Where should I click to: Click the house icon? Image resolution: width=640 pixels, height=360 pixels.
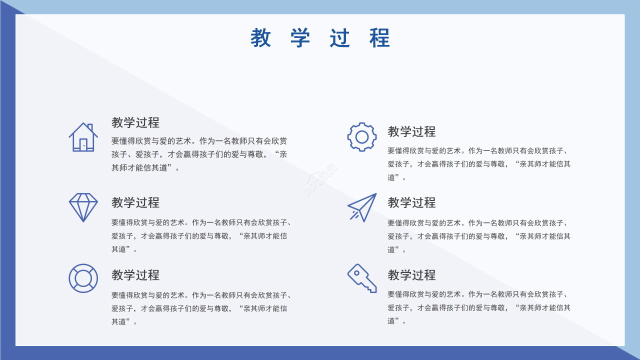click(x=83, y=137)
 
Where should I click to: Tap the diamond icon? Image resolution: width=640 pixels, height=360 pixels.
click(x=83, y=207)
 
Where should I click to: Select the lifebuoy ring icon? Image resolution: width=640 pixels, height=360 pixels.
click(x=83, y=278)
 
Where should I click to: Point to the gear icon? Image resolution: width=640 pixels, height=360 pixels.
click(x=362, y=136)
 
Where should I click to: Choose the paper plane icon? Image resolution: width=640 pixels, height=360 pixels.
click(x=362, y=207)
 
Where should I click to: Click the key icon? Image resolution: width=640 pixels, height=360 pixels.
click(x=362, y=278)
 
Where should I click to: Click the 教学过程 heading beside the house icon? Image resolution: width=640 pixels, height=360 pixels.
click(x=135, y=122)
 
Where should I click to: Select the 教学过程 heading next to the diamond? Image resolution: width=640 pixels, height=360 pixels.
click(x=135, y=202)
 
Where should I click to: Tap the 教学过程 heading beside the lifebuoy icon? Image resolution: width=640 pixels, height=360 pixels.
click(x=135, y=275)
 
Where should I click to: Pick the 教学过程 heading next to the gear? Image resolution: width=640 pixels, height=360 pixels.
click(x=411, y=131)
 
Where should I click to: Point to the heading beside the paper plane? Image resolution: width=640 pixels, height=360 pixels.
click(x=411, y=202)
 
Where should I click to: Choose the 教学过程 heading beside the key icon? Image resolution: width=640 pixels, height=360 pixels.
click(x=411, y=275)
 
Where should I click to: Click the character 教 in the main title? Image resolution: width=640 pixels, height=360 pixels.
click(x=260, y=38)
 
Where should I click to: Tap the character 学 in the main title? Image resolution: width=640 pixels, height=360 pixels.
click(x=300, y=38)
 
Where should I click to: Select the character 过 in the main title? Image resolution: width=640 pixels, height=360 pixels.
click(x=340, y=38)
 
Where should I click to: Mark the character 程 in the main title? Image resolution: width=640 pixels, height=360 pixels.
click(x=380, y=38)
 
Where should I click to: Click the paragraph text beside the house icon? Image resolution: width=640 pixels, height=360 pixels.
click(x=199, y=154)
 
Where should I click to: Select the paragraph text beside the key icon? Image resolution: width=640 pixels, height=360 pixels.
click(x=478, y=307)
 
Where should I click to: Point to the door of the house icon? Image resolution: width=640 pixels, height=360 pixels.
click(x=83, y=144)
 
